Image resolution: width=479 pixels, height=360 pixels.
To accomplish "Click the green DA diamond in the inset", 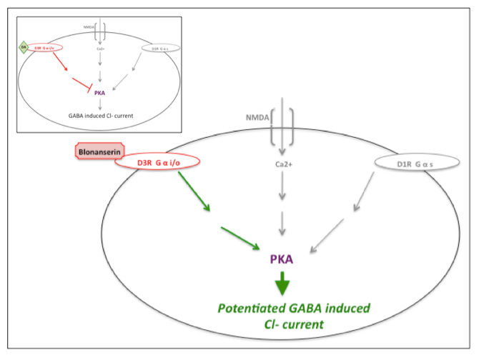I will click(x=23, y=47).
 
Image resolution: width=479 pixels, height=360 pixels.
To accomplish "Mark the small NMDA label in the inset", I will click(x=87, y=27).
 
